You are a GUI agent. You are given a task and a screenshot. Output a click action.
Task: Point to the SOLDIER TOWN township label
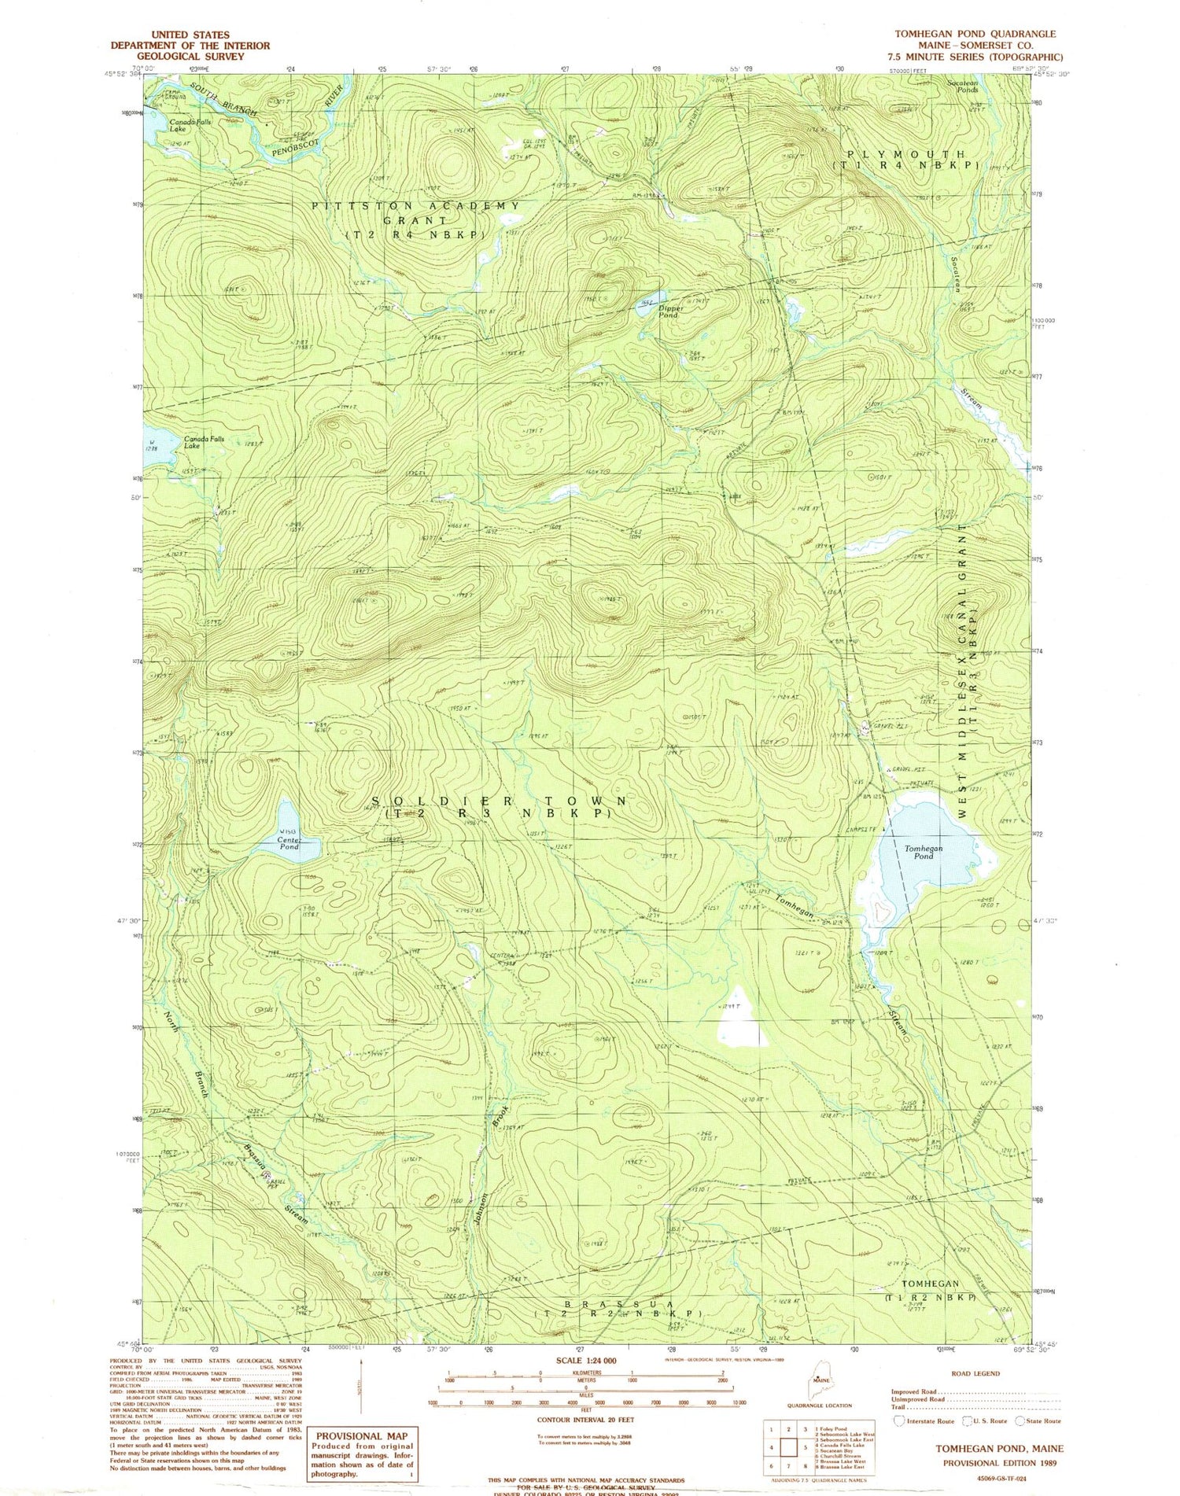[499, 801]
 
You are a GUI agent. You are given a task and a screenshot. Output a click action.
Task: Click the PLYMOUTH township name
[905, 154]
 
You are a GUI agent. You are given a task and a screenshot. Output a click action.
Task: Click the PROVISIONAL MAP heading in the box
[360, 1435]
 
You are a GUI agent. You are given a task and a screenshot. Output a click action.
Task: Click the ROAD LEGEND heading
[975, 1373]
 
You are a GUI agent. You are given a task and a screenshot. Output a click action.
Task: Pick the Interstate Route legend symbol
[899, 1421]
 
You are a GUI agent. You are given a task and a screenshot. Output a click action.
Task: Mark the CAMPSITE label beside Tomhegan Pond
[863, 828]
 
